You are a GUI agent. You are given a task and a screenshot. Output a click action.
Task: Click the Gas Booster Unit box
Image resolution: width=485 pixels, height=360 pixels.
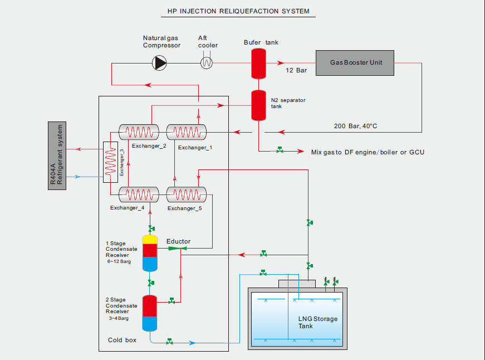(x=355, y=63)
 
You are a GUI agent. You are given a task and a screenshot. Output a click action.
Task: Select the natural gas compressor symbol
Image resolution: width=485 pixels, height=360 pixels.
(x=160, y=63)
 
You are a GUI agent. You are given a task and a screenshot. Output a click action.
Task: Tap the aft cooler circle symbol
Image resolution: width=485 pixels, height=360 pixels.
(x=207, y=63)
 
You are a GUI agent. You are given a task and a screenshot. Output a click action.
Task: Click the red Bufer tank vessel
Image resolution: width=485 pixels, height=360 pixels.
(x=258, y=63)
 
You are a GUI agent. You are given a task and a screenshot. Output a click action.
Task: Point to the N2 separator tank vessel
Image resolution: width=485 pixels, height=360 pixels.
(x=258, y=105)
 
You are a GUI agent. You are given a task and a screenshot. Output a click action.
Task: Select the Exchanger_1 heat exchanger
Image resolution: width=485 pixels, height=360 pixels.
(x=186, y=132)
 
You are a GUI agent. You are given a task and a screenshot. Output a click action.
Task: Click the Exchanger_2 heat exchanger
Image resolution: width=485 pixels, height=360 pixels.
(x=139, y=132)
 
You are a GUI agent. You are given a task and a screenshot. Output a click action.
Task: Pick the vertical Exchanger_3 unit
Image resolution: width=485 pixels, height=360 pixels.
(x=111, y=163)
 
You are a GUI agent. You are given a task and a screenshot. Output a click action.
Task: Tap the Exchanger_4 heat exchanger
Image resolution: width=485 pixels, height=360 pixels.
(x=139, y=194)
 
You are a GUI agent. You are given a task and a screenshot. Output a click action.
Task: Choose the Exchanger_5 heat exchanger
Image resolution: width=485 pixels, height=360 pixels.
(x=186, y=194)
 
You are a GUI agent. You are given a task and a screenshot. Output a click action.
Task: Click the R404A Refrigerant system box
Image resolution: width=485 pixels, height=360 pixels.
(x=57, y=155)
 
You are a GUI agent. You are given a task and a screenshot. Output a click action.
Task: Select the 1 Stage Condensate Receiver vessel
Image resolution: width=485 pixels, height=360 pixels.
(x=150, y=253)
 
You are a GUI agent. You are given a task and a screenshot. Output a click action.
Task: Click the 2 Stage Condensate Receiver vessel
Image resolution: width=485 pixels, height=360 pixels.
(x=150, y=313)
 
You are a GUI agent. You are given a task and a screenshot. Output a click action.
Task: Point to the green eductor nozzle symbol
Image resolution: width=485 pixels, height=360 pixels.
(x=175, y=248)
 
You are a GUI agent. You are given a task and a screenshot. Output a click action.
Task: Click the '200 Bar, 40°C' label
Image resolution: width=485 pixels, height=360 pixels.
(x=355, y=126)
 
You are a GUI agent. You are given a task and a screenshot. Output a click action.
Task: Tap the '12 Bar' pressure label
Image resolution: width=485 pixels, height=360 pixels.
(x=296, y=71)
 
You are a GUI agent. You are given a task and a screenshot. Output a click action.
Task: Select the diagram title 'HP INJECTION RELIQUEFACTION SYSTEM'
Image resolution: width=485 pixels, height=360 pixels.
(x=238, y=11)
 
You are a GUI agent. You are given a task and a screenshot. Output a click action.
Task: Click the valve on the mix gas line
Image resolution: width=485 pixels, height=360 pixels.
(x=279, y=150)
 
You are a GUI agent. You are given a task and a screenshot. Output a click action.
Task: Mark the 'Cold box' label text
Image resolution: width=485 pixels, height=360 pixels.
(x=122, y=340)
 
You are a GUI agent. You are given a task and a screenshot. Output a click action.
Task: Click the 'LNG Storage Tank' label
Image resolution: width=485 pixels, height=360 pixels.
(x=317, y=322)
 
